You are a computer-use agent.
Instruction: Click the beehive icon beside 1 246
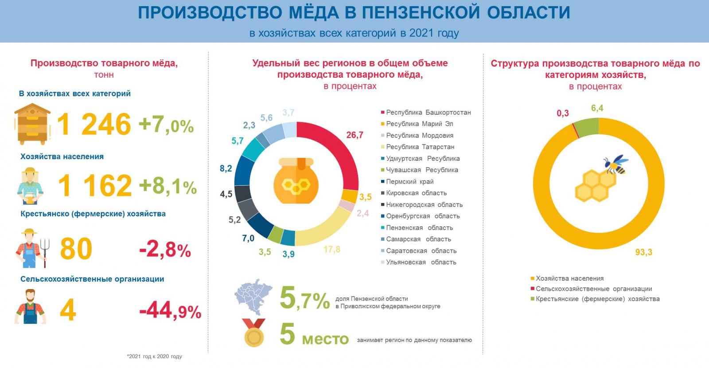tap(32, 124)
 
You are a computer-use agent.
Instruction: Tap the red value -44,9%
tap(170, 311)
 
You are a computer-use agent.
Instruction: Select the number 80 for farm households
tap(76, 249)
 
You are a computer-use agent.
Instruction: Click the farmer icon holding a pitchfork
tap(32, 248)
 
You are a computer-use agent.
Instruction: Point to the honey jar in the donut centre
tap(296, 181)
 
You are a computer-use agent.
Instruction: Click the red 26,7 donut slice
tap(342, 151)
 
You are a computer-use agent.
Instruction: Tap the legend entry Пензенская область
tap(419, 228)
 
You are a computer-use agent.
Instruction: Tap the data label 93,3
tap(643, 252)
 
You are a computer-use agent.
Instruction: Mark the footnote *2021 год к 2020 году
tap(154, 356)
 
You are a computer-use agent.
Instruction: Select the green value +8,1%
tap(168, 186)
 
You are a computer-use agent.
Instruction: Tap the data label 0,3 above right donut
tap(562, 114)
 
